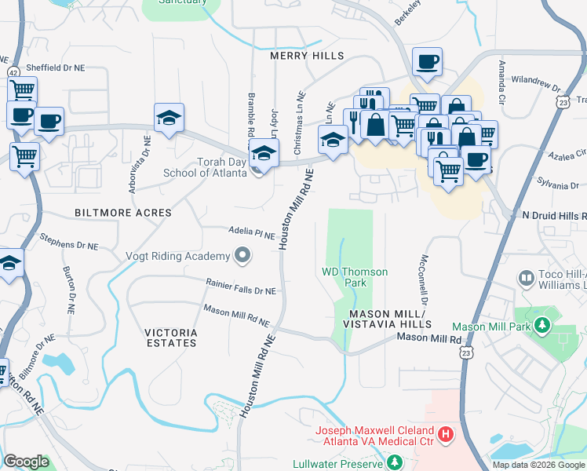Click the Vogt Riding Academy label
(x=178, y=256)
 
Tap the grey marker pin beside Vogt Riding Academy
(x=242, y=255)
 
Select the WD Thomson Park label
(x=355, y=277)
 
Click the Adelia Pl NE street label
(x=251, y=234)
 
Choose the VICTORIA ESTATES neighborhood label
(x=171, y=338)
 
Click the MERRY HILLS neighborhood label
(x=307, y=57)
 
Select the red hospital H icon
(x=446, y=433)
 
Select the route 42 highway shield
(x=14, y=72)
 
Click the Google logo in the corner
(x=26, y=462)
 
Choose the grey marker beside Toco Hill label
(x=526, y=278)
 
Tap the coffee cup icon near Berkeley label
(x=427, y=62)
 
